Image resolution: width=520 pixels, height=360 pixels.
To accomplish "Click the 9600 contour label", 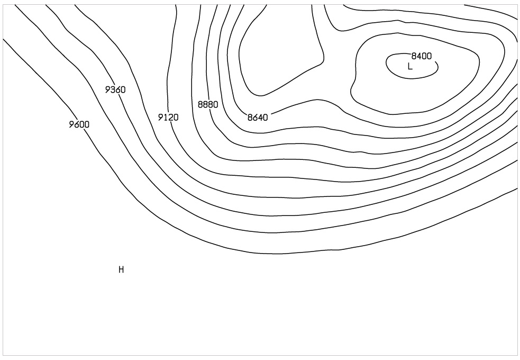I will (x=79, y=124).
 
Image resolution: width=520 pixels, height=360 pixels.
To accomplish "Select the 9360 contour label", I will (x=115, y=89).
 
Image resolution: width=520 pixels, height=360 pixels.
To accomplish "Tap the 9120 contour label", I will (x=168, y=117).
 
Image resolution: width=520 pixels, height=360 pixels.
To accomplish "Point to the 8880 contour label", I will (x=208, y=104).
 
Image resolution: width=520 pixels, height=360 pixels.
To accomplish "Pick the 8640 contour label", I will (x=258, y=117).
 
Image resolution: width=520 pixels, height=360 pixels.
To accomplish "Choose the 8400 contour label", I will (x=422, y=56).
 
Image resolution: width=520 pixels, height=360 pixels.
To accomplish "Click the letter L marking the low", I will (x=410, y=66).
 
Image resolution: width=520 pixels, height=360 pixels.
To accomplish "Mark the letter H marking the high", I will (x=121, y=270).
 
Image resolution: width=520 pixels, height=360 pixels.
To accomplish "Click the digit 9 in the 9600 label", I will (x=72, y=124).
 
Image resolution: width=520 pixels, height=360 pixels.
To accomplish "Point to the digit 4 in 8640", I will (x=260, y=117).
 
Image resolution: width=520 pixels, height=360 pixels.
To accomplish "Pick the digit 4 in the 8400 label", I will (x=419, y=56).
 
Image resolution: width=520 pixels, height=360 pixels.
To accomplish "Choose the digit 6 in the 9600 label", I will (x=77, y=124).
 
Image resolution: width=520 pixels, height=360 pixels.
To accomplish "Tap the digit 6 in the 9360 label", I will (x=118, y=89).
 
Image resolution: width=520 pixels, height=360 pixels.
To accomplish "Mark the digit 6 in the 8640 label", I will (x=255, y=117).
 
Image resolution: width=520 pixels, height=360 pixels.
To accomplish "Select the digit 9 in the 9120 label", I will (x=161, y=117).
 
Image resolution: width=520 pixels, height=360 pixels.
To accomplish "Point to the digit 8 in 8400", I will (x=414, y=56).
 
